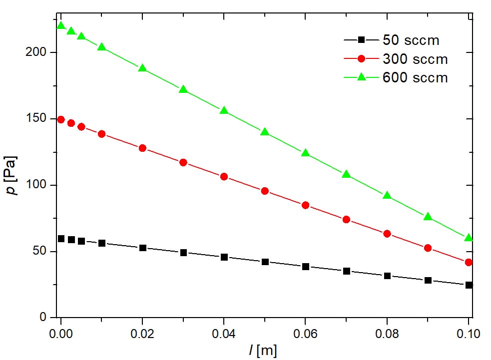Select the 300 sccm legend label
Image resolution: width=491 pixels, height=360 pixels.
415,59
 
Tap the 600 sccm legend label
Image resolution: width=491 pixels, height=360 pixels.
415,78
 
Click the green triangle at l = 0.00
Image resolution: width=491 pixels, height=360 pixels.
61,25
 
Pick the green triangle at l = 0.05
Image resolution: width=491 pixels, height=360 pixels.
265,132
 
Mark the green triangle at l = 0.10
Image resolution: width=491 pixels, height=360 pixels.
469,238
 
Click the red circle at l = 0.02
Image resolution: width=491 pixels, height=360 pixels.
142,148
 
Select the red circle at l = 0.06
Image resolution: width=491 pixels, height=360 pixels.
306,205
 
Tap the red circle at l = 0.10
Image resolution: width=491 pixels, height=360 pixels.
469,262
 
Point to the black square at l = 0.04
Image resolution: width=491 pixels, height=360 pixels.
224,257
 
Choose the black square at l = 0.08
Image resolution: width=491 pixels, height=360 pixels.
387,276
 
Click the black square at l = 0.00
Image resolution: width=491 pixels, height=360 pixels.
61,239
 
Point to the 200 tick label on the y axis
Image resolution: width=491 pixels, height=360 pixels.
37,52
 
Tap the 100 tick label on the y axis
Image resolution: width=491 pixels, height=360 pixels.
37,185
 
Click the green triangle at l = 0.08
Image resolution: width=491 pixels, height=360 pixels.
387,195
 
